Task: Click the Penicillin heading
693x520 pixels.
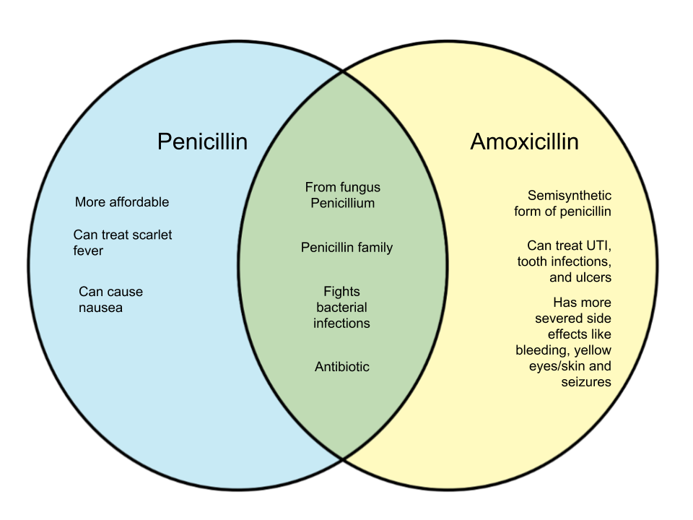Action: pos(202,142)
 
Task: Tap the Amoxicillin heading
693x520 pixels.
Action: pos(524,142)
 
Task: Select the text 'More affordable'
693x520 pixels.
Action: pos(122,202)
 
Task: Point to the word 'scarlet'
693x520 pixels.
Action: pos(152,235)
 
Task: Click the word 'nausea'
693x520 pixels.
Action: pos(101,308)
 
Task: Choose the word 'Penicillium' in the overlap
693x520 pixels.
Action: pos(343,203)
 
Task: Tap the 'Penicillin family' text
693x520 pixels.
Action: pos(346,248)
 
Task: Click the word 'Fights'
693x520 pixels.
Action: pos(341,292)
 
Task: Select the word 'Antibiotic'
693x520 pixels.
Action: pos(342,367)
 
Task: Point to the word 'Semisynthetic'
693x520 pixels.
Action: pos(570,196)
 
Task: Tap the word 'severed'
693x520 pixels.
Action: pos(561,318)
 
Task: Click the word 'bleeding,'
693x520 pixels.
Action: pos(542,350)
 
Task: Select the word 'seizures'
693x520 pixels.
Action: pos(586,381)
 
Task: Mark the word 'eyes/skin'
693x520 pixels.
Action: pos(566,366)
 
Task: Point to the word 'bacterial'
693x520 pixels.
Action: pos(341,308)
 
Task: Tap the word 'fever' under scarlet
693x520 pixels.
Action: pos(88,251)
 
